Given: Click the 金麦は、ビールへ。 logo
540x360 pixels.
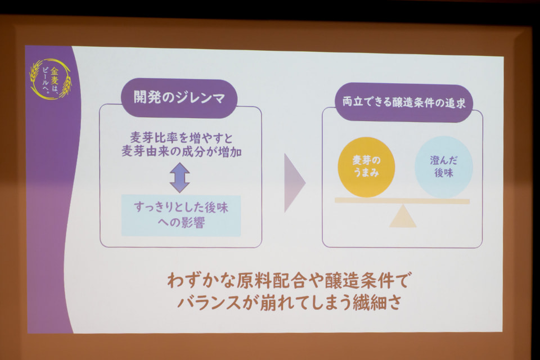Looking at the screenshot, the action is pyautogui.click(x=50, y=79).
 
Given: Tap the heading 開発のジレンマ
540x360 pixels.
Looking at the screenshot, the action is pyautogui.click(x=179, y=98).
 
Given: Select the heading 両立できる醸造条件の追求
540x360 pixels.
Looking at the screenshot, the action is pyautogui.click(x=404, y=103).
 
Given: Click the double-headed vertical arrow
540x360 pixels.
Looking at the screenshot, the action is pyautogui.click(x=179, y=178).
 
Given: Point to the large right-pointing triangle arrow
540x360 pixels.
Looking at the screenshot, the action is pyautogui.click(x=294, y=183).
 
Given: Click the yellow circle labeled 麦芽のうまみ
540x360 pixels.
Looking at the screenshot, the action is pyautogui.click(x=366, y=166).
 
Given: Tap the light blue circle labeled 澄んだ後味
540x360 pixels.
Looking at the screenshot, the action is pyautogui.click(x=444, y=166).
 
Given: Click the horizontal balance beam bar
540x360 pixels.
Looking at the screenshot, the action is pyautogui.click(x=402, y=200).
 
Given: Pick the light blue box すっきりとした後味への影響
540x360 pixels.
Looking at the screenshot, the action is pyautogui.click(x=181, y=215).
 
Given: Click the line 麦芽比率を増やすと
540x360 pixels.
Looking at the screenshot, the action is pyautogui.click(x=181, y=138).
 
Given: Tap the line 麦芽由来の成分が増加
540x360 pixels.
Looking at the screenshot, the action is pyautogui.click(x=182, y=151).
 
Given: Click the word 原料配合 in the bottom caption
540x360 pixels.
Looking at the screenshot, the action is pyautogui.click(x=271, y=281).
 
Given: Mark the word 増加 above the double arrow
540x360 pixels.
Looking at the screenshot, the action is pyautogui.click(x=230, y=152).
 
